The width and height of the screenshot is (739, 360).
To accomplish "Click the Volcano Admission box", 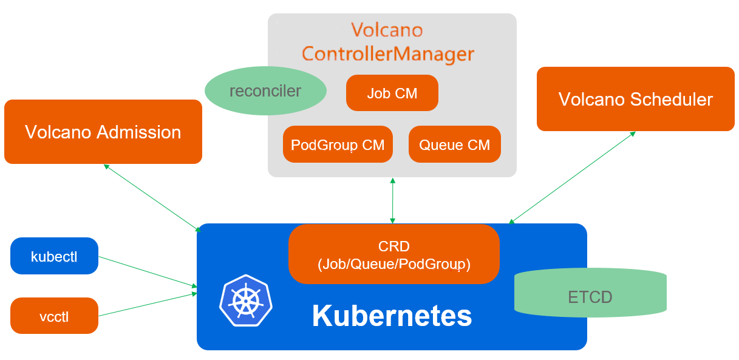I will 103,132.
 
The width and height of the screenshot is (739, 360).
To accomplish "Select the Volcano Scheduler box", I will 635,99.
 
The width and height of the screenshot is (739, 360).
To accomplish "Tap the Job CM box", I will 392,93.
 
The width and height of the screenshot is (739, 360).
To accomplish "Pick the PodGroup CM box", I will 338,144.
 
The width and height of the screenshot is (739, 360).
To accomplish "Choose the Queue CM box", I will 454,144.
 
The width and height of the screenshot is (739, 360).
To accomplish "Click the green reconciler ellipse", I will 265,91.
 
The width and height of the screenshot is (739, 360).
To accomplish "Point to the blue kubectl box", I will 54,256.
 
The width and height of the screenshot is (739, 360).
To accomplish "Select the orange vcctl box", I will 54,316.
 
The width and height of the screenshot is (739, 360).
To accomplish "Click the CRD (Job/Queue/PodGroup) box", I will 393,254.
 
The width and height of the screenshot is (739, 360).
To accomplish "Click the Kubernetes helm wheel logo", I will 245,301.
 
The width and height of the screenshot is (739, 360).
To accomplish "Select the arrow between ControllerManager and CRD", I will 393,200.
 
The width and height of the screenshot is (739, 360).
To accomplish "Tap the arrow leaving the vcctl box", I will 148,304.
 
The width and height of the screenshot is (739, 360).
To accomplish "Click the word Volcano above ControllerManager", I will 387,29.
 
